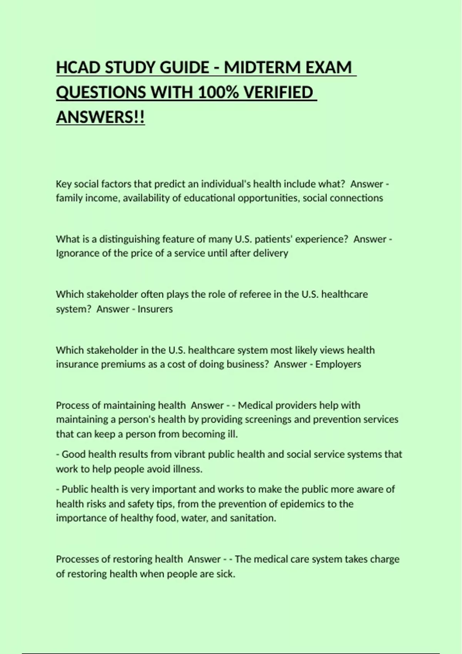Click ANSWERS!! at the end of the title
coord(100,117)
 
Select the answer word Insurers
coord(155,309)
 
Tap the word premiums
coord(123,364)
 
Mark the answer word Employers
coord(338,364)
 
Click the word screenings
coord(268,419)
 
